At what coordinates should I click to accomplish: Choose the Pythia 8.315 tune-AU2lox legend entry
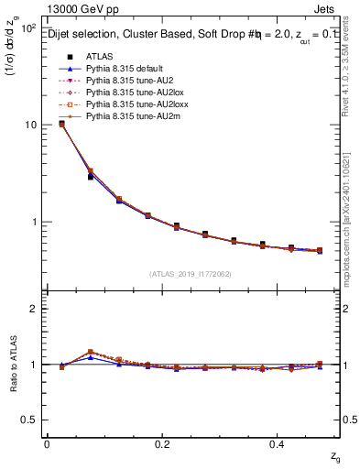[129, 93]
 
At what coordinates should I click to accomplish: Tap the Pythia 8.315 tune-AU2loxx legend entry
[131, 105]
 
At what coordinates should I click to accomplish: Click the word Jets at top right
[327, 9]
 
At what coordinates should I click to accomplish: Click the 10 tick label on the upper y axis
[29, 125]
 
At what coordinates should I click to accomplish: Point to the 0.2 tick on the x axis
[161, 443]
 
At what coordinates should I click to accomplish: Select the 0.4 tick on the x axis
[277, 443]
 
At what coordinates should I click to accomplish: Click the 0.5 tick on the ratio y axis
[29, 420]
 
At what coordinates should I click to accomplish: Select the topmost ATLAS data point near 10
[61, 124]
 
